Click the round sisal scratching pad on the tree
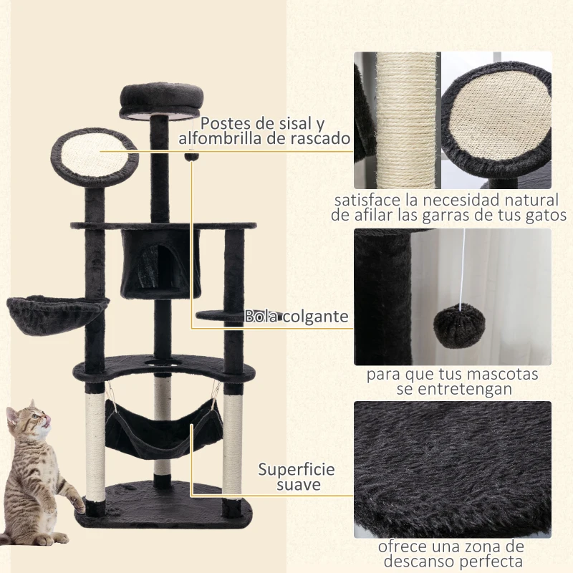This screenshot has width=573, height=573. click(x=95, y=152)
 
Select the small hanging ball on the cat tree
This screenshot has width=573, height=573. click(x=191, y=157)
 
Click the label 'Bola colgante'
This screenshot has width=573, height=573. click(x=297, y=316)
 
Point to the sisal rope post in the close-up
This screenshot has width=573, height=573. click(x=405, y=122)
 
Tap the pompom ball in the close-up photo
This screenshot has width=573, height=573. click(x=458, y=325)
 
